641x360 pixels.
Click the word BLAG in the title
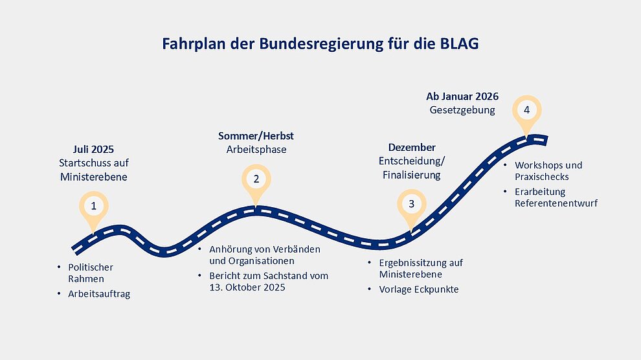tap(459, 44)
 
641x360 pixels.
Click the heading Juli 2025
tap(93, 149)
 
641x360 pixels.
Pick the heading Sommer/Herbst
tap(256, 136)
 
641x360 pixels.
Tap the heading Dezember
tap(412, 147)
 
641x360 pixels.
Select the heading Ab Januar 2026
tap(462, 96)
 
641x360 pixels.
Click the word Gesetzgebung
tap(462, 110)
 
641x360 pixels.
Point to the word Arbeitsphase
tap(256, 150)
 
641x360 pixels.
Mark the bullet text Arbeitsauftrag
tap(99, 294)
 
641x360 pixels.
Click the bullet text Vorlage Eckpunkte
tap(419, 289)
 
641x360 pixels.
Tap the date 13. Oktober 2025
tap(247, 287)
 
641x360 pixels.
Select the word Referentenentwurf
tap(556, 203)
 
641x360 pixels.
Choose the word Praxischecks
tap(542, 177)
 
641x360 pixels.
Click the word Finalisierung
tap(412, 175)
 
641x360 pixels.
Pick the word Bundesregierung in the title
tap(321, 44)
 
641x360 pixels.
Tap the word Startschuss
tap(82, 163)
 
